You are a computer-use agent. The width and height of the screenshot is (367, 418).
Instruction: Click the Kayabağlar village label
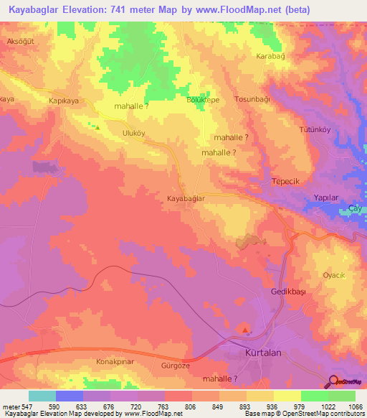click(x=186, y=198)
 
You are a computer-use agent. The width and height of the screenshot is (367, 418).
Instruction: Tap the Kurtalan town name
click(x=257, y=355)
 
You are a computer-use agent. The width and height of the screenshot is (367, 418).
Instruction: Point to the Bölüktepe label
click(x=202, y=101)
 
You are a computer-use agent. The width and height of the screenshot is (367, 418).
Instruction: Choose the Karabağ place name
click(x=271, y=55)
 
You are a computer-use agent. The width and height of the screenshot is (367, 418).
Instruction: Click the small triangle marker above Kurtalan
click(x=247, y=331)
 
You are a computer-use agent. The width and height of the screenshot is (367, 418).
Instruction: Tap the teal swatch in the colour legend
click(x=42, y=396)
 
